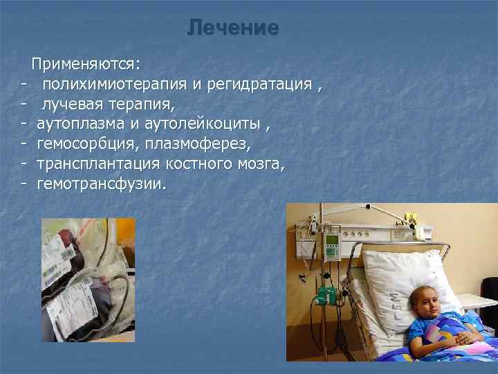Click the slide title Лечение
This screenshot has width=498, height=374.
click(x=232, y=28)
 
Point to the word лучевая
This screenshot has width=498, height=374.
click(x=73, y=105)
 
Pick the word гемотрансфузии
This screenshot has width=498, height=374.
click(x=101, y=185)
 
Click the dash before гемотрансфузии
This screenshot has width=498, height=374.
click(x=24, y=185)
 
